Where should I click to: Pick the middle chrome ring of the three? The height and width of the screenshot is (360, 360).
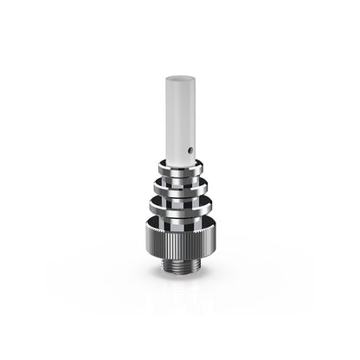(179, 183)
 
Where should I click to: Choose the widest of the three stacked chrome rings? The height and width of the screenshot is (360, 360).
(179, 206)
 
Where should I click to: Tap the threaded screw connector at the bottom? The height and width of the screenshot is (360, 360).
(179, 262)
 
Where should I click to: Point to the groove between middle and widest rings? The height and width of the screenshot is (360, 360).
(179, 195)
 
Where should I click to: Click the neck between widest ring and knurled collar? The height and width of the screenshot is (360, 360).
(179, 220)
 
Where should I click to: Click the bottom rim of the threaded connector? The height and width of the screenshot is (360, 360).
(179, 269)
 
